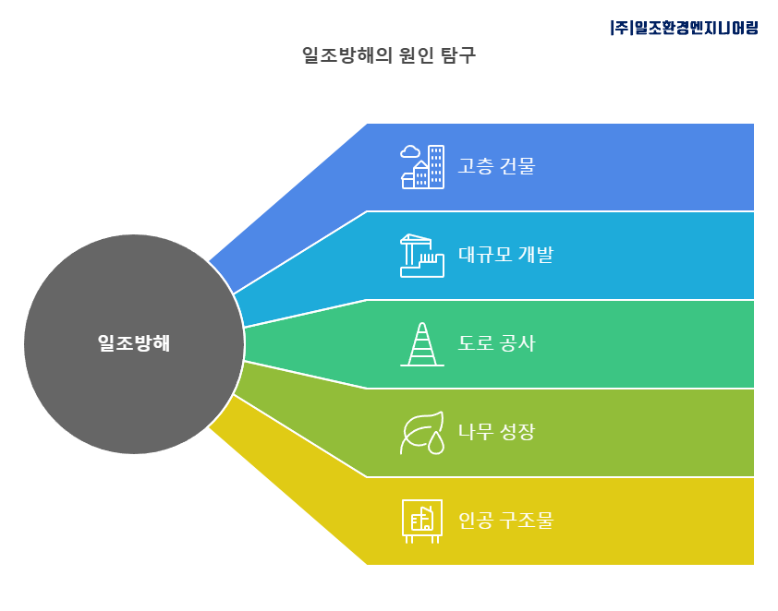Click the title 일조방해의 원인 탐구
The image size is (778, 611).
point(389,55)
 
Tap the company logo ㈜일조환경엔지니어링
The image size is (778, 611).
point(685,28)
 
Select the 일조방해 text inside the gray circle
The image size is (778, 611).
point(134,343)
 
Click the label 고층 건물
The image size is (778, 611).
point(496,166)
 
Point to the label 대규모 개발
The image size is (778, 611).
point(505,254)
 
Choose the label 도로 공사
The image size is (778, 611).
point(496,343)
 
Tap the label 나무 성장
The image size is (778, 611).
point(496,431)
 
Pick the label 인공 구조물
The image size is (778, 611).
point(505,520)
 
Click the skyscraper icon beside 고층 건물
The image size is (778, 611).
point(422,166)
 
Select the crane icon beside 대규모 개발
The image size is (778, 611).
point(422,256)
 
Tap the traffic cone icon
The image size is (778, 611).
point(422,344)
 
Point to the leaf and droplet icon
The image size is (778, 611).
point(422,433)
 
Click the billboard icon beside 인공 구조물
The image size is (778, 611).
point(422,521)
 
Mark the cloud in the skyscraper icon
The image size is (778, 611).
point(410,151)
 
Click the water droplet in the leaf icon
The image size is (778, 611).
point(436,444)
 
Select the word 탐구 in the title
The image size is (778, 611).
point(458,55)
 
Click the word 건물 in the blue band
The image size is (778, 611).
point(517,166)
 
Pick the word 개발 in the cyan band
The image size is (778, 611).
point(536,254)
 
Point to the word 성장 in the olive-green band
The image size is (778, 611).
point(517,431)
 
